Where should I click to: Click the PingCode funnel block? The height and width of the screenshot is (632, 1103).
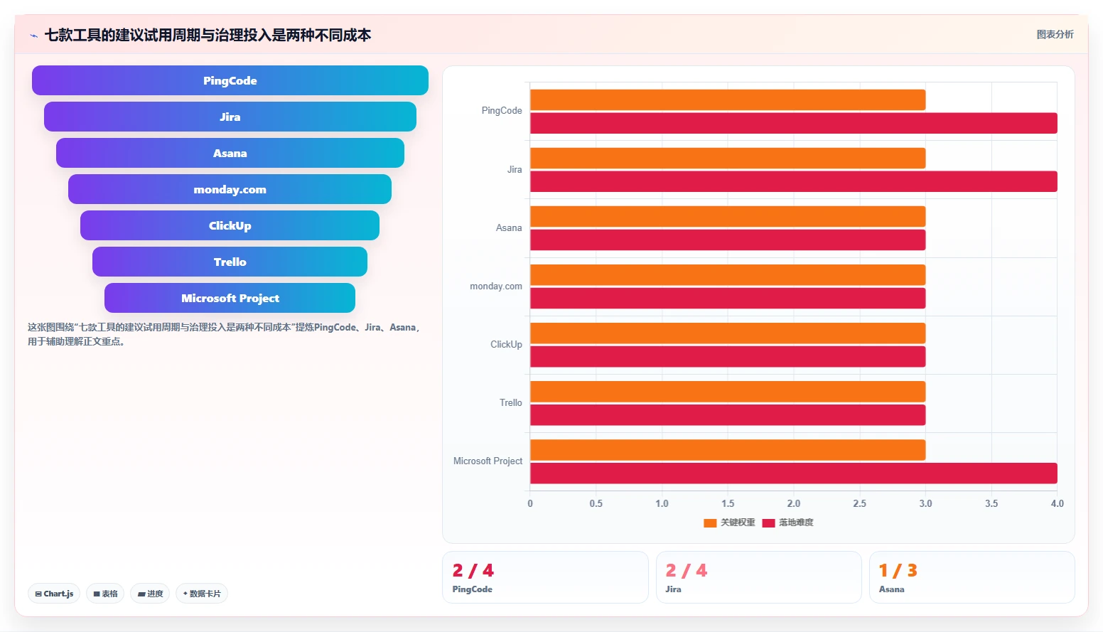click(x=230, y=80)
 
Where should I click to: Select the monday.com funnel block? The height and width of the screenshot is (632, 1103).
click(x=230, y=189)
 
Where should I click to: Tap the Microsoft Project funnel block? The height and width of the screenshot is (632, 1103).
click(x=230, y=298)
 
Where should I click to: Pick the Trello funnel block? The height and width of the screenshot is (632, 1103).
click(x=230, y=262)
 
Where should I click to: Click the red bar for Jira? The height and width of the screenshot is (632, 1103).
click(x=794, y=181)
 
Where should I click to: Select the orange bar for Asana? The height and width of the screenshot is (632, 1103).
click(x=728, y=217)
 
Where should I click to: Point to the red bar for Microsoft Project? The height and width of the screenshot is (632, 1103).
click(x=794, y=473)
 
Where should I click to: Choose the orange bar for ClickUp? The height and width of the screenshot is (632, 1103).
click(x=728, y=333)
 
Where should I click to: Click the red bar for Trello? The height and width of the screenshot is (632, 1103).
click(x=728, y=414)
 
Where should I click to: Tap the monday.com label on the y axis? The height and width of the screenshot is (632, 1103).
click(x=496, y=286)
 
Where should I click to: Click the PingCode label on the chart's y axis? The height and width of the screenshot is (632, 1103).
click(x=502, y=111)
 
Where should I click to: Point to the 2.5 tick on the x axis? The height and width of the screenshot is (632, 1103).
click(x=860, y=503)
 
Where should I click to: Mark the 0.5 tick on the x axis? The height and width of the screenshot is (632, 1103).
click(x=596, y=503)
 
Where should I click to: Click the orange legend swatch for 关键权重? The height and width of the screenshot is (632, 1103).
click(x=710, y=523)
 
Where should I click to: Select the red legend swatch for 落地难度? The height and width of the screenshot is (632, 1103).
click(x=769, y=523)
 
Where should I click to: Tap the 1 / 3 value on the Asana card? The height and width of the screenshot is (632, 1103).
click(x=898, y=570)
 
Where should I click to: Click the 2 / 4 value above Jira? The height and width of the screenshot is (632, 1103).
click(x=687, y=570)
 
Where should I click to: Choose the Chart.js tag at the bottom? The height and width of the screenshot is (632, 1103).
click(x=54, y=594)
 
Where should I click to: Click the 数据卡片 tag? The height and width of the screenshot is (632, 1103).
click(x=202, y=594)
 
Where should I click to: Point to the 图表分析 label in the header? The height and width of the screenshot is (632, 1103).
click(x=1055, y=35)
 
